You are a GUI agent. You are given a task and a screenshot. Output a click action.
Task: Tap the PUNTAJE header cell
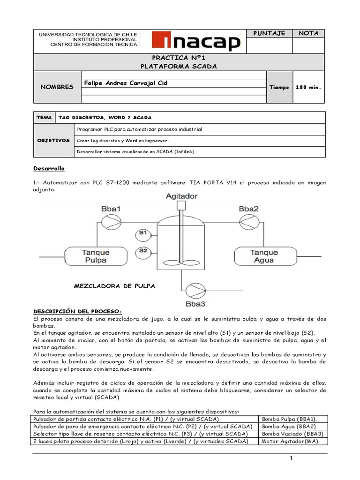click(269, 33)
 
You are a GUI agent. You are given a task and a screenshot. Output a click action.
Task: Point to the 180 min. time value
click(308, 87)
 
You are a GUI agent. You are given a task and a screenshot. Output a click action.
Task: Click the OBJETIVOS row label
click(54, 140)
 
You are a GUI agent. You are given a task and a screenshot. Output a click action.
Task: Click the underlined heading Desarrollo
click(49, 168)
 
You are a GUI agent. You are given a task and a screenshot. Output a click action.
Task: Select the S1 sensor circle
click(143, 232)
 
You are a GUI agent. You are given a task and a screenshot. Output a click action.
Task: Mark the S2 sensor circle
click(143, 251)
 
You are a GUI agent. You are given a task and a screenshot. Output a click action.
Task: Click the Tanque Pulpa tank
click(95, 256)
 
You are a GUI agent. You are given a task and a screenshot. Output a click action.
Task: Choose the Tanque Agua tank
click(264, 256)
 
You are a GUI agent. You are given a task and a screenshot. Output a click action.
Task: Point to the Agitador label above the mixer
click(181, 196)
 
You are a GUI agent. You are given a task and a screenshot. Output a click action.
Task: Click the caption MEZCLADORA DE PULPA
click(114, 285)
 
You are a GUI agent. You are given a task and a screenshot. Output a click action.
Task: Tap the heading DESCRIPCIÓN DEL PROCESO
click(77, 311)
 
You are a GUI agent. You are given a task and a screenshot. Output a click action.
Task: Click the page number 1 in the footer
click(291, 459)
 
